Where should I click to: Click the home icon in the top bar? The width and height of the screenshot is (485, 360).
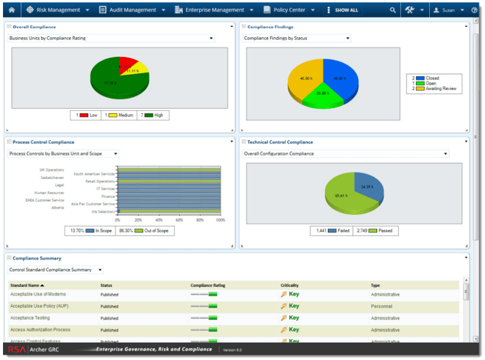[11, 10]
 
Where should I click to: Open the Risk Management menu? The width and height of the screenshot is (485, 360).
[58, 10]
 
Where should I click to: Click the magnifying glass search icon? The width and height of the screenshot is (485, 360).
[393, 10]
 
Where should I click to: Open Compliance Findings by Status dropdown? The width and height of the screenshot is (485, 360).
[297, 38]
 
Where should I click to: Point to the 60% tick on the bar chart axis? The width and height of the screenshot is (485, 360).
[179, 220]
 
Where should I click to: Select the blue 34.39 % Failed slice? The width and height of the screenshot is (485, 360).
[367, 187]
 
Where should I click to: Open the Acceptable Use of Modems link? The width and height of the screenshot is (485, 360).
[38, 295]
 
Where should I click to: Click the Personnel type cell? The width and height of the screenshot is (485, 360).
[381, 306]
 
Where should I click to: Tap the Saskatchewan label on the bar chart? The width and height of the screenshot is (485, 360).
[52, 178]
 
